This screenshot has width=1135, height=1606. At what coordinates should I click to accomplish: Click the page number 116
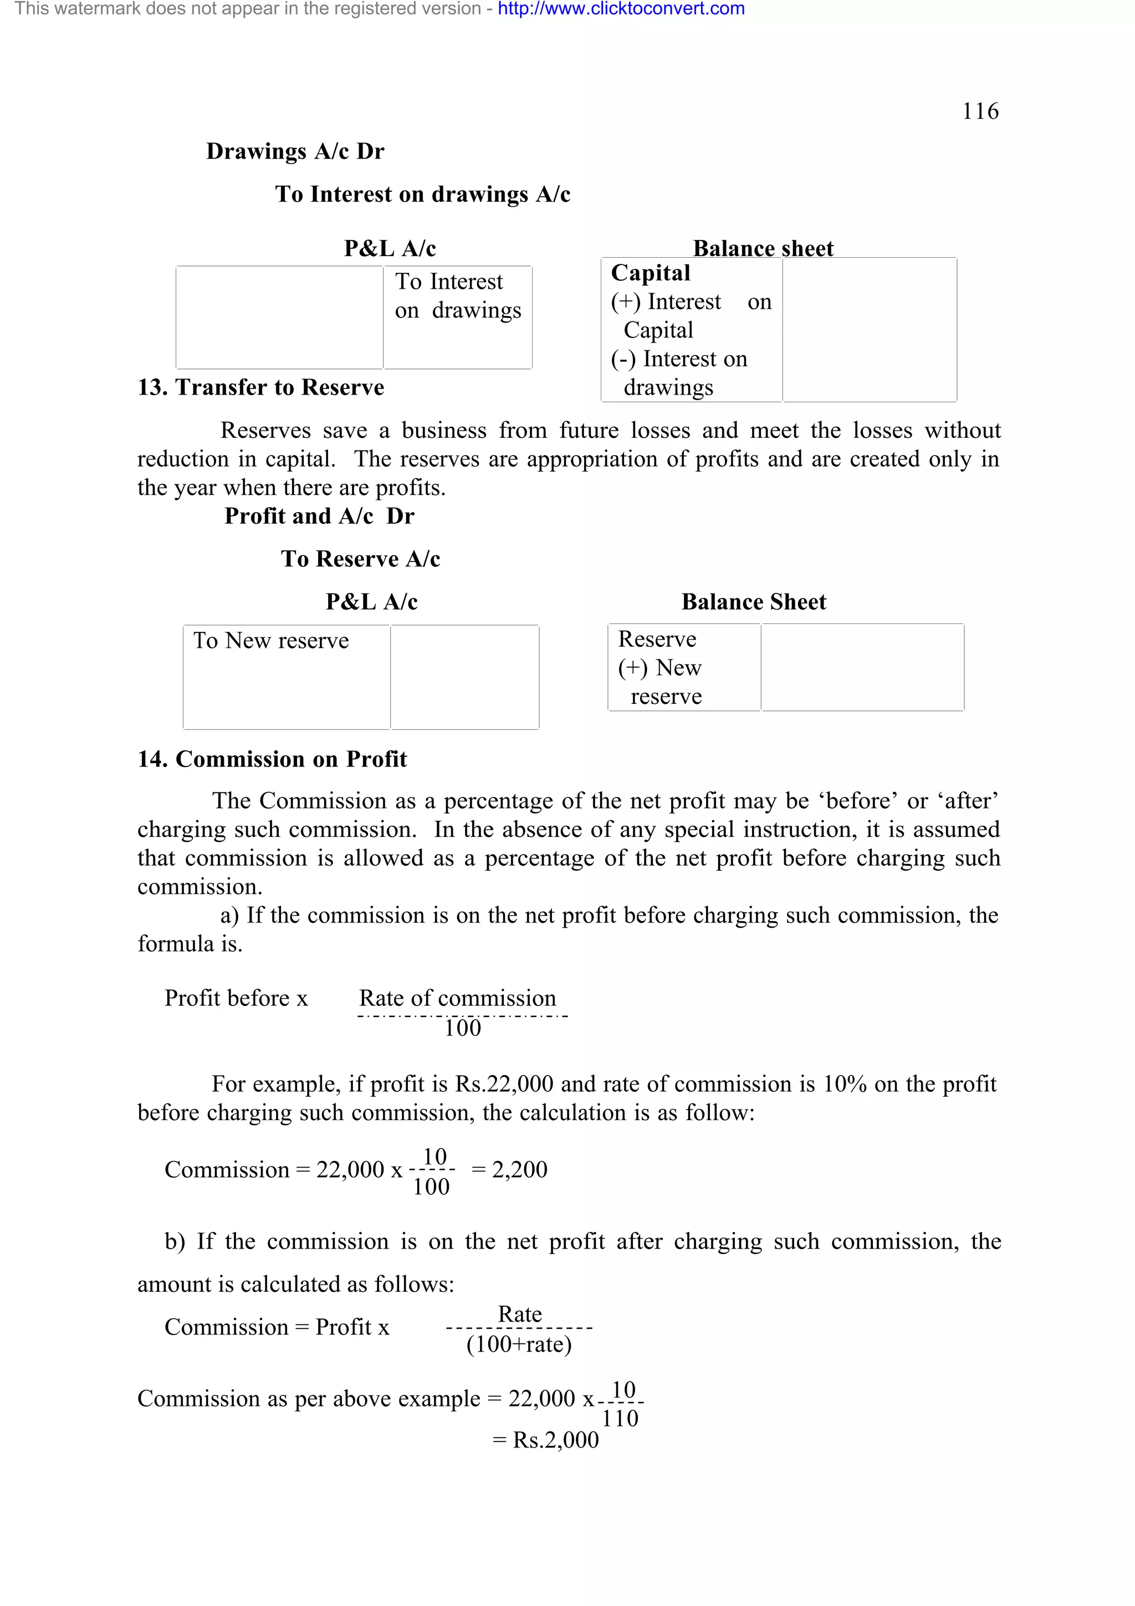[x=980, y=111]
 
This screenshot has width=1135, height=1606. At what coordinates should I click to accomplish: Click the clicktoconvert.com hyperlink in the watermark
[x=621, y=9]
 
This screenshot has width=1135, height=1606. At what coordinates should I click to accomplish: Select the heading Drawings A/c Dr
[x=295, y=151]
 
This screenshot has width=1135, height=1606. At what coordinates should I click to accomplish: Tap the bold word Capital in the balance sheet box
[x=651, y=273]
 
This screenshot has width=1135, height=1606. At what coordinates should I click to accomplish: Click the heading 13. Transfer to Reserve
[x=261, y=387]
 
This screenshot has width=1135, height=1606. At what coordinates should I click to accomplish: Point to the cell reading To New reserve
[x=272, y=640]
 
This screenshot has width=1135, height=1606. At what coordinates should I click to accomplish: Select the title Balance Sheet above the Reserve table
[x=753, y=601]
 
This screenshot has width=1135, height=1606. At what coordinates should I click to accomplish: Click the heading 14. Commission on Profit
[x=272, y=759]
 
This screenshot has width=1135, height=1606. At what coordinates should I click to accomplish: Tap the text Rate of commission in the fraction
[x=457, y=998]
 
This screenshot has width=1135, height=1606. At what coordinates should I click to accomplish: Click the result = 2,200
[x=510, y=1169]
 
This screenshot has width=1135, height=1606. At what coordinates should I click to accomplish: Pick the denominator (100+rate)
[x=519, y=1344]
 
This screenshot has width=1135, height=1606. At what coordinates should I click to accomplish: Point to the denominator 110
[x=620, y=1418]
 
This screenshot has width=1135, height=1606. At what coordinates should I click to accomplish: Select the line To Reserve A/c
[x=360, y=558]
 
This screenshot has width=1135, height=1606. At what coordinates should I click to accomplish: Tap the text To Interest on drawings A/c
[x=422, y=194]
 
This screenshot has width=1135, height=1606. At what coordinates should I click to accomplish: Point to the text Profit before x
[x=236, y=998]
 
